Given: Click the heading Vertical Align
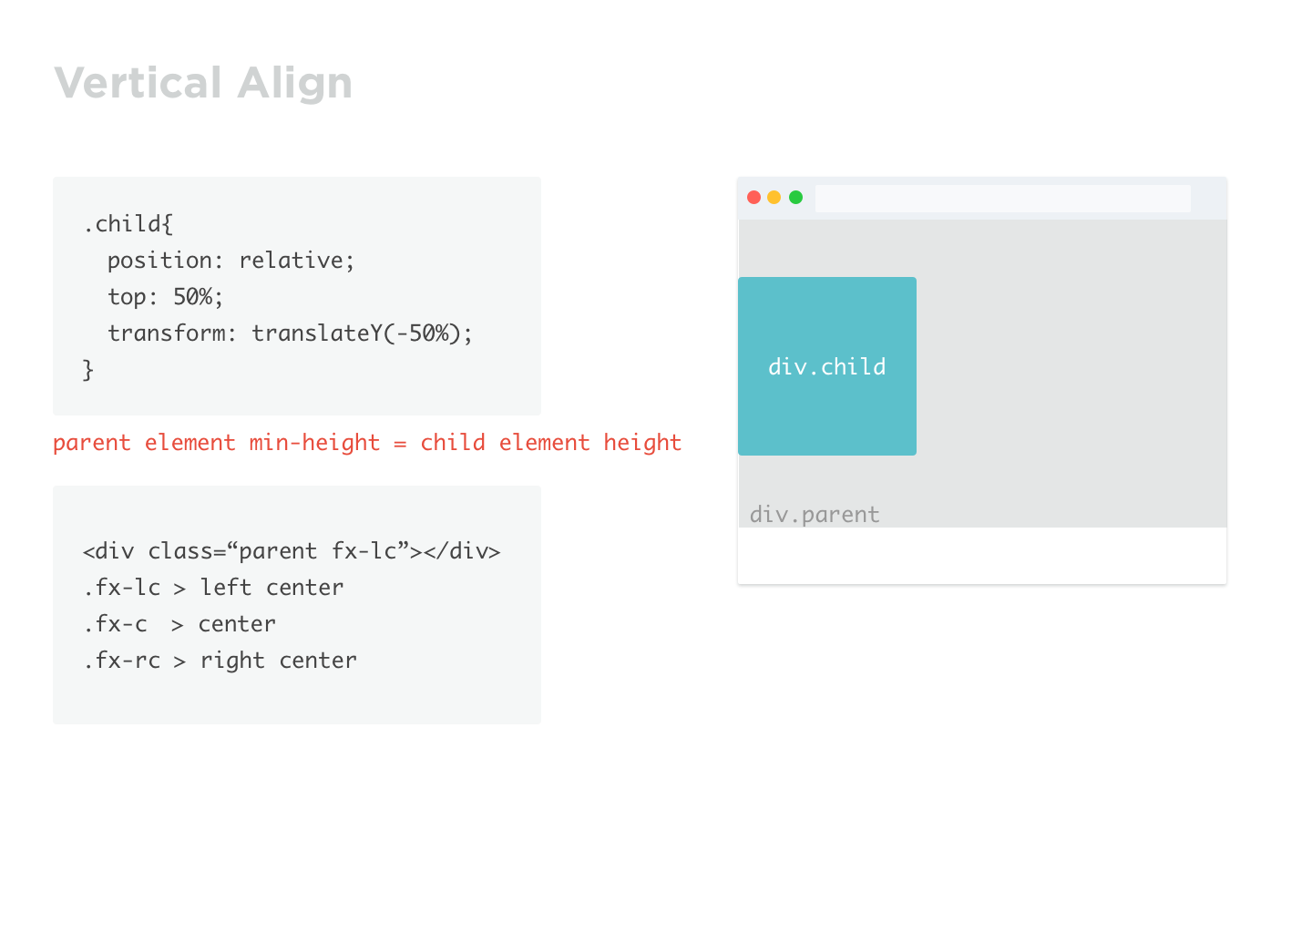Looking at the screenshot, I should [203, 83].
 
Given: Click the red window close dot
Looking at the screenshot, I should [753, 198].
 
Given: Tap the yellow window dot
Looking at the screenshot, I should [774, 198].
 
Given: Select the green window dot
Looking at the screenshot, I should [795, 198].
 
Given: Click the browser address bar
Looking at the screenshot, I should [1002, 199].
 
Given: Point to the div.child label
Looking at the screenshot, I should [826, 367].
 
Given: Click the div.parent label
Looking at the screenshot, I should [815, 515].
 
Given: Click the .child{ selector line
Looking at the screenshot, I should [128, 224].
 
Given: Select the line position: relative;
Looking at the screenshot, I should [231, 261].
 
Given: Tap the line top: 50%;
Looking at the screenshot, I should [165, 297].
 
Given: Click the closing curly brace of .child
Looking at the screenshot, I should [88, 370].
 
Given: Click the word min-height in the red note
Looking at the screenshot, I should [314, 443].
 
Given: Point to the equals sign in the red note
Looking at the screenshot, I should [400, 444].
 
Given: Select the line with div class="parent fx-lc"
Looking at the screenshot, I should [292, 551].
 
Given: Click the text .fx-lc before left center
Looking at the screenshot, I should [121, 588].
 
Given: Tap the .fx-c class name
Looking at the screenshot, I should [115, 624].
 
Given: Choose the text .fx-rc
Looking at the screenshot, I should [121, 661].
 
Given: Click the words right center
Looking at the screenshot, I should [278, 661].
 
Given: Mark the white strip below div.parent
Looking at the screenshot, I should [981, 556].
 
